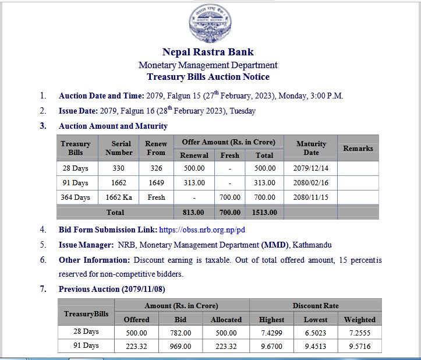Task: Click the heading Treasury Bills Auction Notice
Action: click(x=208, y=77)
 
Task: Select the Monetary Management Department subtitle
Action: click(x=208, y=65)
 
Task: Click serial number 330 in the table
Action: click(x=119, y=168)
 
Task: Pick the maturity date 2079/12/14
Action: click(x=311, y=168)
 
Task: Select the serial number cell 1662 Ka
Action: click(x=119, y=197)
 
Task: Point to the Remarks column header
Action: click(x=358, y=148)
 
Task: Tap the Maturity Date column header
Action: click(x=311, y=148)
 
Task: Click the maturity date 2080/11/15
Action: click(x=311, y=197)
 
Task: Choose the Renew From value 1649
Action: click(x=156, y=183)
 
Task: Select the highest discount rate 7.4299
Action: click(x=271, y=333)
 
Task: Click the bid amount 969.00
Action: click(x=181, y=346)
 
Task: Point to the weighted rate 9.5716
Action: click(x=359, y=346)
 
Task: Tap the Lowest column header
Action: click(x=316, y=319)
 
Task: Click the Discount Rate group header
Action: click(x=315, y=305)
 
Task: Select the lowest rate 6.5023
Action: click(x=316, y=333)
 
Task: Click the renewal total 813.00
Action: click(x=193, y=213)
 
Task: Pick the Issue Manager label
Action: click(x=86, y=245)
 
